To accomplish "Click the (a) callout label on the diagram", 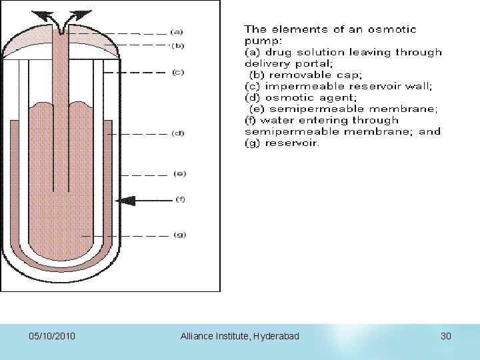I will pyautogui.click(x=177, y=31).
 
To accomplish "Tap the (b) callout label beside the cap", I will pyautogui.click(x=177, y=45).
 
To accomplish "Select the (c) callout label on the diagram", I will pyautogui.click(x=178, y=72).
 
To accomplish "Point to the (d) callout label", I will pyautogui.click(x=178, y=133).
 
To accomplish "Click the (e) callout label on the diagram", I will pyautogui.click(x=179, y=174).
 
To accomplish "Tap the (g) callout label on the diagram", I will pyautogui.click(x=179, y=235).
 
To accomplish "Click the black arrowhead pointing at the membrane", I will pyautogui.click(x=122, y=200).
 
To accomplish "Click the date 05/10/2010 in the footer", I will pyautogui.click(x=52, y=337).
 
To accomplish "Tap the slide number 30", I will pyautogui.click(x=446, y=337).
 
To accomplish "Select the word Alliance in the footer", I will pyautogui.click(x=197, y=337).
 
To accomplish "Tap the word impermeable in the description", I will pyautogui.click(x=298, y=86).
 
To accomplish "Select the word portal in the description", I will pyautogui.click(x=300, y=63).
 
